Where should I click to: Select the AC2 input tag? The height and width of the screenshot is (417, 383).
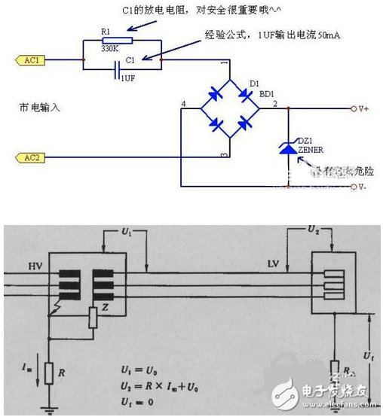point(30,157)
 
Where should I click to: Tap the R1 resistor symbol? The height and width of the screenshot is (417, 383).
point(121,42)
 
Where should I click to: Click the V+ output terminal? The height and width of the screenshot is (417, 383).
point(360,110)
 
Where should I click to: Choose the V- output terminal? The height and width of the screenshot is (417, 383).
point(360,186)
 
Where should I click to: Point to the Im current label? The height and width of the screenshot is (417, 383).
point(27,367)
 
